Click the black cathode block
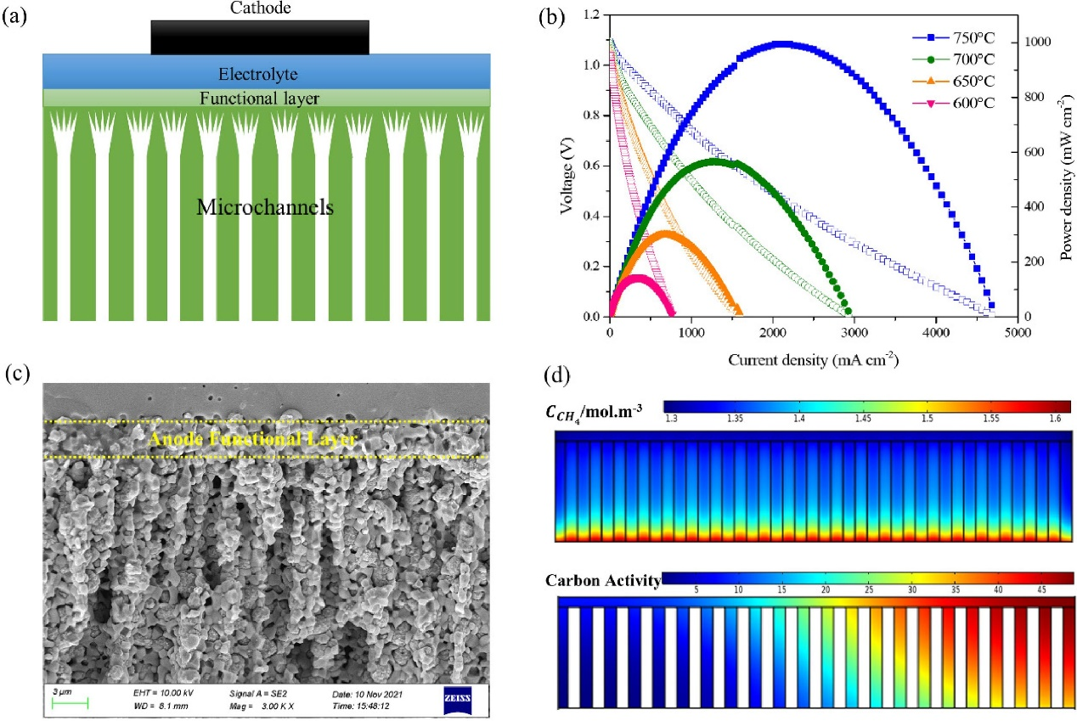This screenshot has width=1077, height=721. pos(260,37)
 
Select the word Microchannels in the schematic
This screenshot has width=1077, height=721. pos(264,206)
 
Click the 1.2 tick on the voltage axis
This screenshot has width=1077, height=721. pos(591,15)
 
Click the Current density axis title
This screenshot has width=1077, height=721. pos(813,360)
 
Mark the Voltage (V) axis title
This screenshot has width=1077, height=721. pos(567,166)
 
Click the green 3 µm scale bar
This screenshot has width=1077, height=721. pos(70,702)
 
